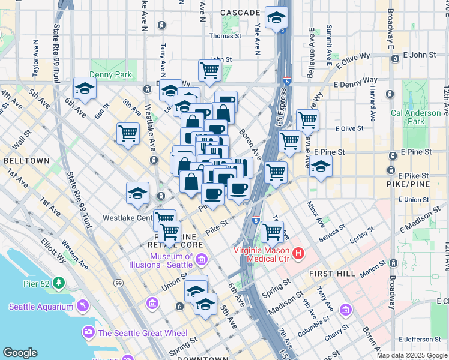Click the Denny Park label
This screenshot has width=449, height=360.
click(x=110, y=74)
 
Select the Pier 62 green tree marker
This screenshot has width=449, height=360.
click(x=59, y=282)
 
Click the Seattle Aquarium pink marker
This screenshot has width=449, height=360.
click(x=82, y=306)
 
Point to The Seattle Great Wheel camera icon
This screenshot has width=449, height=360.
click(x=89, y=332)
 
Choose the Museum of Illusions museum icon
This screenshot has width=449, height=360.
click(x=202, y=260)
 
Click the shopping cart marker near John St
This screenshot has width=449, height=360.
click(x=209, y=70)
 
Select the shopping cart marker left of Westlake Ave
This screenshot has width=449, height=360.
click(x=128, y=133)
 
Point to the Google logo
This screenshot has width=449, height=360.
click(x=20, y=353)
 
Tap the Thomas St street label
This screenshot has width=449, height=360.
click(x=225, y=36)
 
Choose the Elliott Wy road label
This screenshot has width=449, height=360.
click(x=70, y=251)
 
